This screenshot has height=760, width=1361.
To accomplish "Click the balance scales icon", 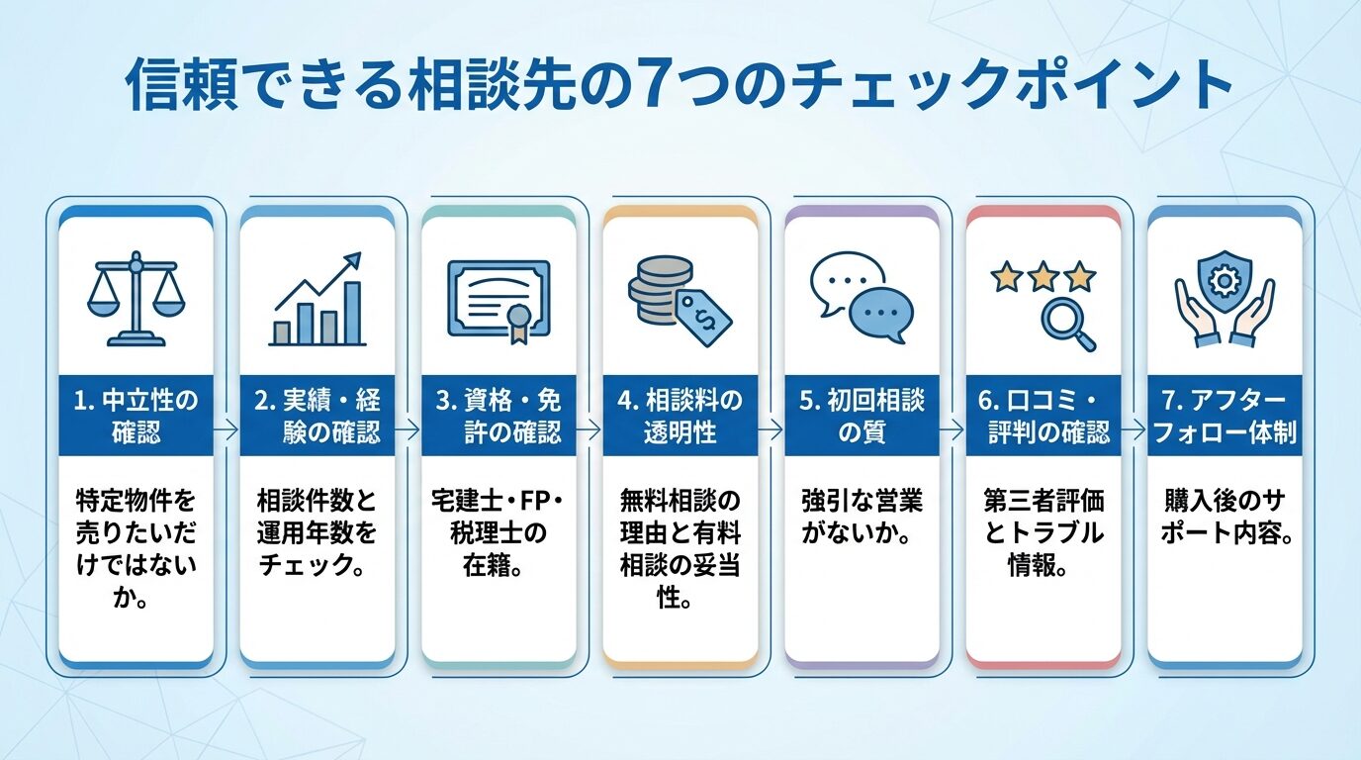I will (136, 301).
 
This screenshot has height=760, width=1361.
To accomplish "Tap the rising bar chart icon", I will (317, 301).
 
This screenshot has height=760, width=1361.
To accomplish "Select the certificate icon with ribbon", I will (499, 299).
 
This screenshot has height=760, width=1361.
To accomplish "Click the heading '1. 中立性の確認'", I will (136, 416).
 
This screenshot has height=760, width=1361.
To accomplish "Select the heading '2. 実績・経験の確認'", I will (317, 416).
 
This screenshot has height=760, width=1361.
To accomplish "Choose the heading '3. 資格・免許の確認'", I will (499, 416).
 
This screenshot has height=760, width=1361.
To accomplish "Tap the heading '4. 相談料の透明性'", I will (680, 416).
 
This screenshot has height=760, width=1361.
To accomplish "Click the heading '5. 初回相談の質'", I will (862, 416).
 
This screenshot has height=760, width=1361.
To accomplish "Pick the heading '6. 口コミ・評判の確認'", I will (1043, 416).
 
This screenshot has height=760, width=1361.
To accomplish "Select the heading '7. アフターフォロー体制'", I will (1225, 416).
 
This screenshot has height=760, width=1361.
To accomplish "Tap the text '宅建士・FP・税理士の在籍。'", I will (499, 533).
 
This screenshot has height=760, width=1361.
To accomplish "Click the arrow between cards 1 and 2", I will (227, 430).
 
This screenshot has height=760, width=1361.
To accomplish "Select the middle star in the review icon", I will (1043, 276).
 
